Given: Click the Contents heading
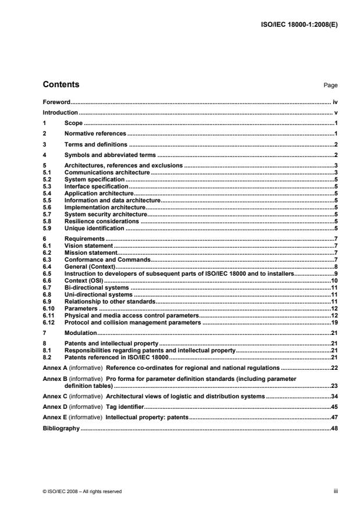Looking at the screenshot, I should [61, 85].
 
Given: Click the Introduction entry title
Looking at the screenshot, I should [60, 112].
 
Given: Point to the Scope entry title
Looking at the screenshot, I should [74, 123].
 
